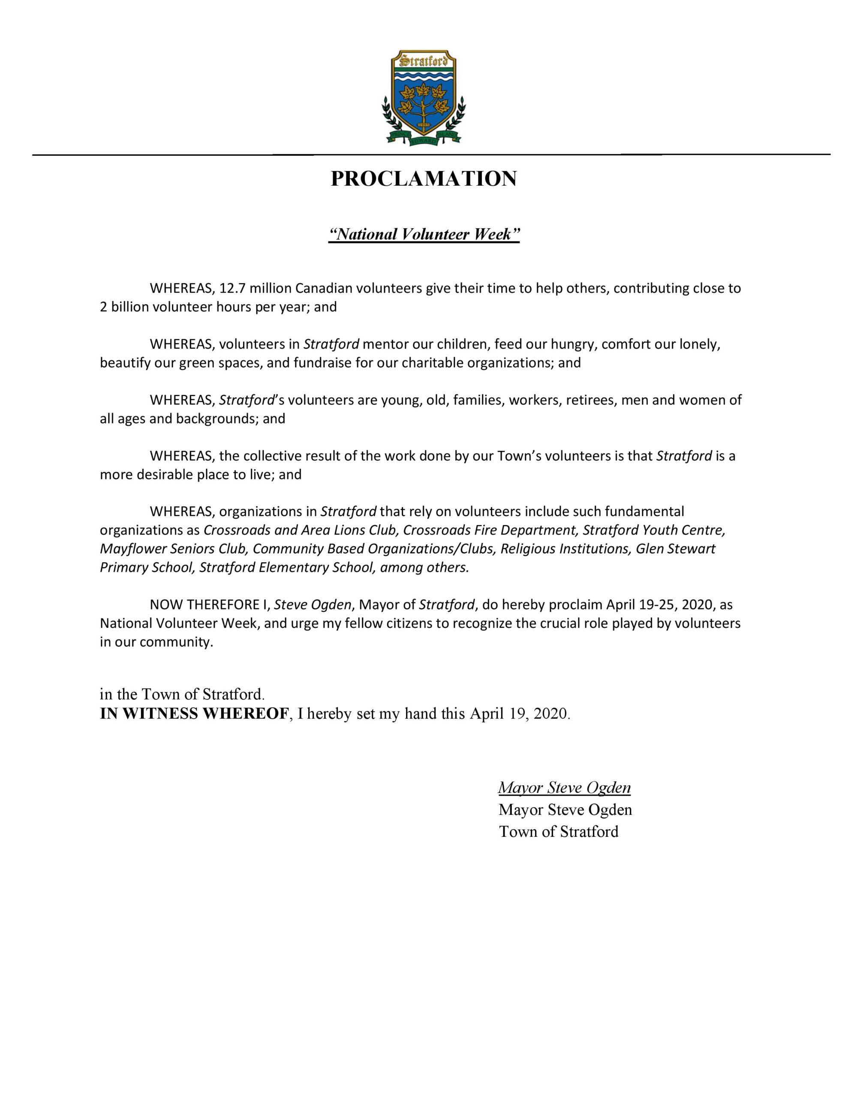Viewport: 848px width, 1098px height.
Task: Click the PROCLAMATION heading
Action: (423, 179)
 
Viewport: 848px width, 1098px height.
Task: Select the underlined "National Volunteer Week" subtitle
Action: (423, 234)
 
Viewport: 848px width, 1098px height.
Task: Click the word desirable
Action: (164, 475)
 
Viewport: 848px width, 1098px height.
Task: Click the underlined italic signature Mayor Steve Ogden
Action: (564, 788)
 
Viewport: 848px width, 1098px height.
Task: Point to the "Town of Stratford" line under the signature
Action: (559, 832)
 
